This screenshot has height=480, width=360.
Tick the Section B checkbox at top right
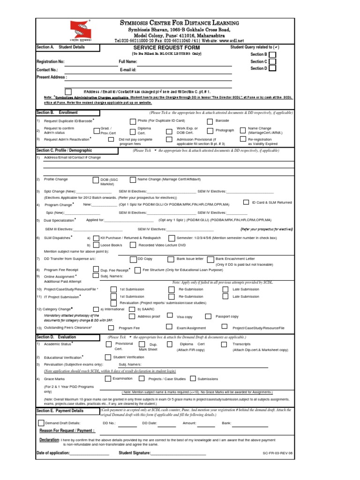pyautogui.click(x=272, y=54)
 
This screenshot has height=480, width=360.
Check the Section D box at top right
pyautogui.click(x=272, y=68)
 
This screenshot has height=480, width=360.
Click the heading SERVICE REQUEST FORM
pyautogui.click(x=166, y=48)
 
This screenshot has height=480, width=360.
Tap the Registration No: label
pyautogui.click(x=50, y=62)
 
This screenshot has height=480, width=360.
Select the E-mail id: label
pyautogui.click(x=128, y=69)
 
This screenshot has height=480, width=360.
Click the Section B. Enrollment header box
pyautogui.click(x=67, y=113)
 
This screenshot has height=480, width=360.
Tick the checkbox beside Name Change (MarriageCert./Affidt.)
pyautogui.click(x=242, y=130)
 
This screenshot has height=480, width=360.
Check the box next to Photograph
pyautogui.click(x=210, y=130)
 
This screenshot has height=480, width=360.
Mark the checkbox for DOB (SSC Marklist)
pyautogui.click(x=96, y=180)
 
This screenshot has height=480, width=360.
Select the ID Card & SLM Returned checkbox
pyautogui.click(x=247, y=202)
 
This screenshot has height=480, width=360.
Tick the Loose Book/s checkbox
pyautogui.click(x=96, y=245)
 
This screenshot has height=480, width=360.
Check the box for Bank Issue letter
pyautogui.click(x=171, y=259)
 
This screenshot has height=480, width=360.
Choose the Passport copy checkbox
pyautogui.click(x=208, y=316)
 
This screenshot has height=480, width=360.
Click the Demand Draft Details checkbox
pyautogui.click(x=41, y=423)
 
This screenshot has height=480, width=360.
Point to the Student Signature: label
pyautogui.click(x=135, y=453)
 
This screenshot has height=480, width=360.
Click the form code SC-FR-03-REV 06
pyautogui.click(x=277, y=454)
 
